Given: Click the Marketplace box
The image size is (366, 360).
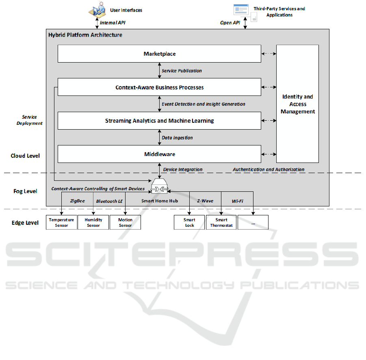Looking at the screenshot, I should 159,54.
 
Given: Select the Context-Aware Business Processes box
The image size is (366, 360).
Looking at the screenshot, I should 159,87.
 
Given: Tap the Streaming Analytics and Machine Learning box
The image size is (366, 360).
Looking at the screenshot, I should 159,121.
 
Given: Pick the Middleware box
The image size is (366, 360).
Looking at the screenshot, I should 159,154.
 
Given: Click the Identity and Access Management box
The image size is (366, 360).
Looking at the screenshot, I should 298,104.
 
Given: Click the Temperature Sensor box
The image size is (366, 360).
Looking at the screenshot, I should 61,222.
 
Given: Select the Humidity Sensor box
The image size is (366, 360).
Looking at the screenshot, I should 93,222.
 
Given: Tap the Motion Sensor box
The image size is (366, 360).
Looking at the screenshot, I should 126,222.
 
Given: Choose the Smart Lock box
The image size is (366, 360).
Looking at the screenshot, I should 189,222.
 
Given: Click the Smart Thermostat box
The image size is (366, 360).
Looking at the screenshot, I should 221,222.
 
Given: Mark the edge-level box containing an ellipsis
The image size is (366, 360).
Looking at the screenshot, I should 253,222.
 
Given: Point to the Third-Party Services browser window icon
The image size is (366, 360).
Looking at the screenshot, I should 241,10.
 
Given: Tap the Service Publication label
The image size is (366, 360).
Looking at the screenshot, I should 182,71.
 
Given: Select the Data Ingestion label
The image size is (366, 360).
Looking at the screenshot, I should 177,138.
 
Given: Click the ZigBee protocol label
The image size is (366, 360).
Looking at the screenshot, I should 77,201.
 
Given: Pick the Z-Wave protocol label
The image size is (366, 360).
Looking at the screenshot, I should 205,201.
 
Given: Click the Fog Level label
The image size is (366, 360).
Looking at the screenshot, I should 25,191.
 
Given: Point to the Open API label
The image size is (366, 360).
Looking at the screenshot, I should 230,23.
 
